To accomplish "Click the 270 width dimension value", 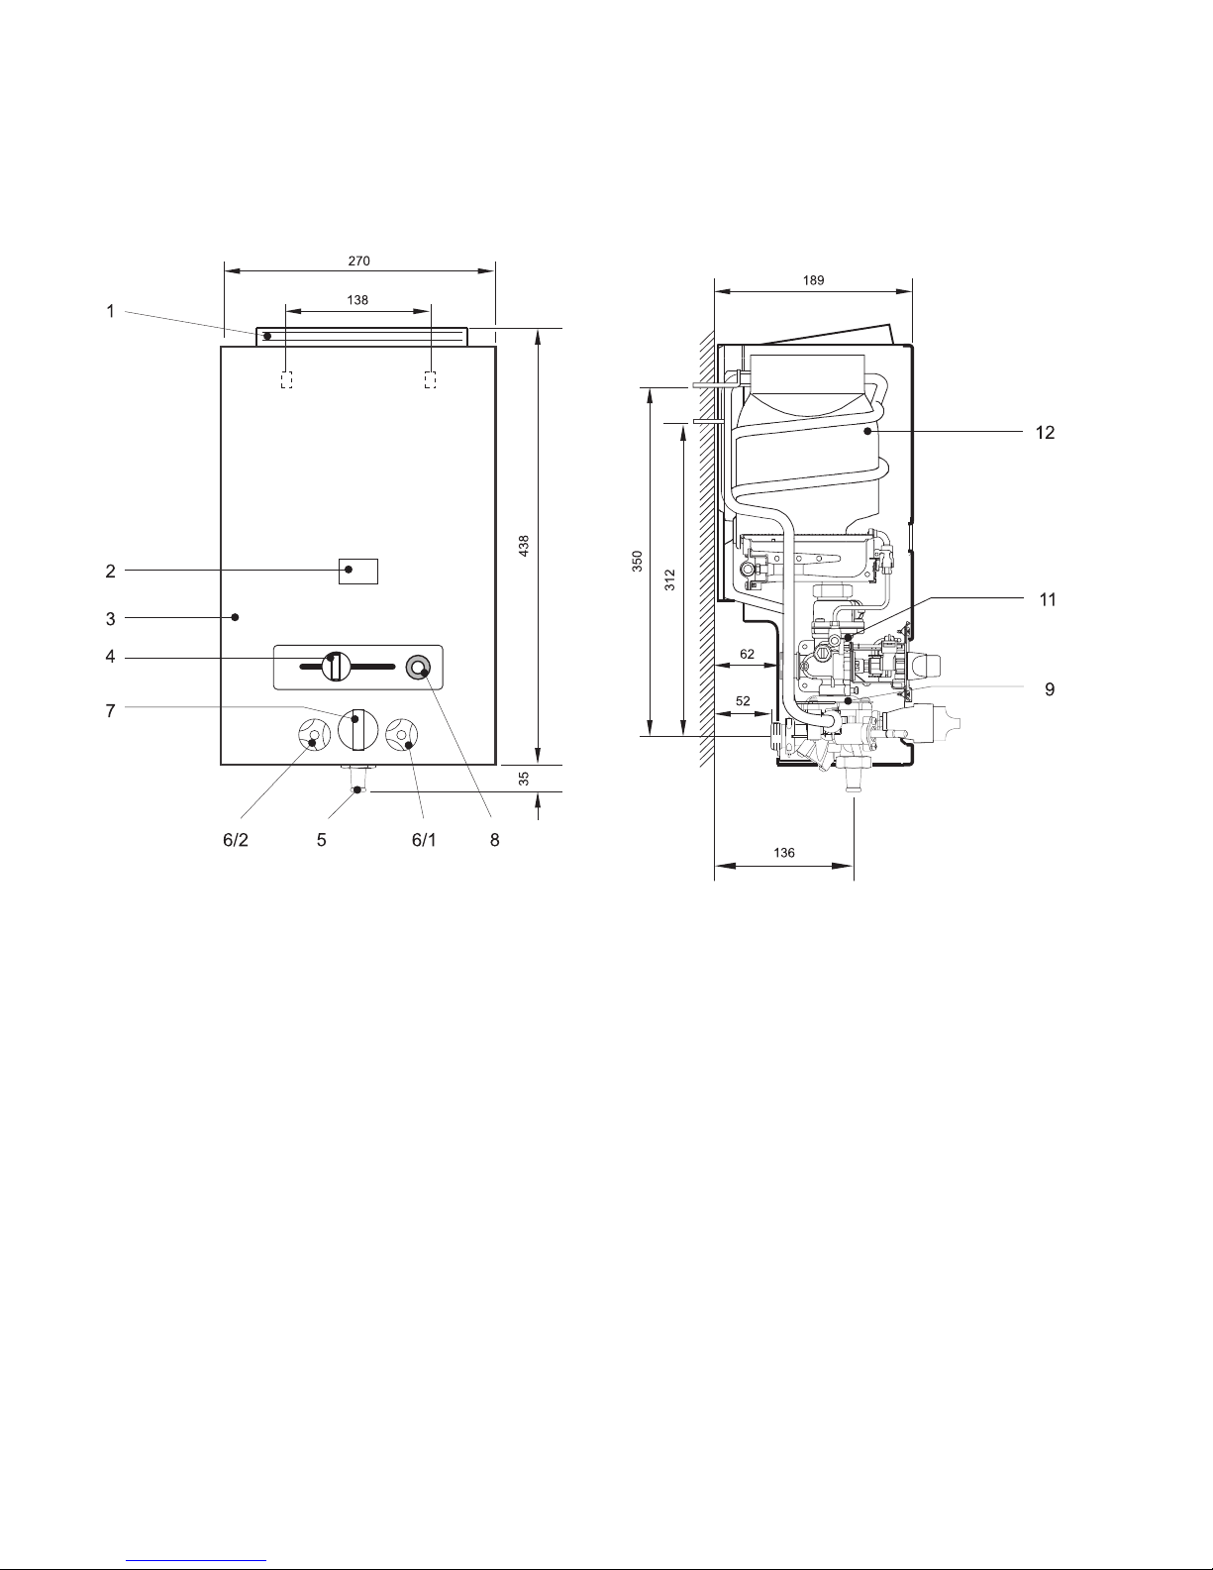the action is coord(358,261).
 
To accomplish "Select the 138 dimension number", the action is coord(357,300).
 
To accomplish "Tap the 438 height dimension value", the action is coord(524,546).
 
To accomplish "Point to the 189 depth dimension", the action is coord(814,280).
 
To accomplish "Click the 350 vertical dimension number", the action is coord(637,562).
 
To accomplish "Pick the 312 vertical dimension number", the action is coord(670,580).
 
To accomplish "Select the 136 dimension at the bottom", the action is coord(784,853).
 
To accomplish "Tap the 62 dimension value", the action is coord(747,654).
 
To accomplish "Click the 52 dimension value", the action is coord(743,701).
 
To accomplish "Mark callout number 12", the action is coord(1045,432).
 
